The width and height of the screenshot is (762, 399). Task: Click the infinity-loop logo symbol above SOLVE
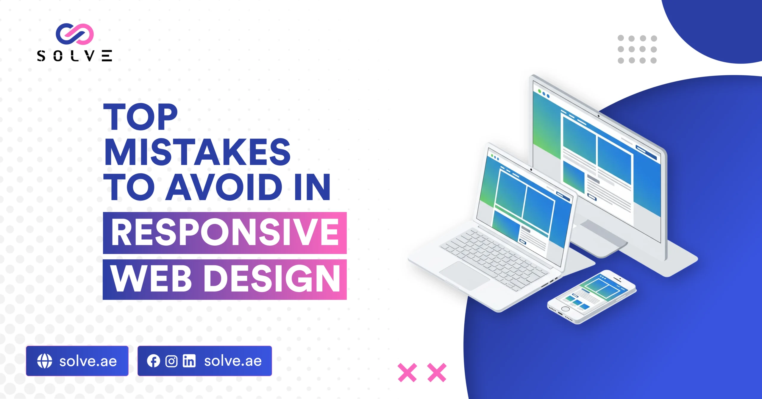tap(75, 34)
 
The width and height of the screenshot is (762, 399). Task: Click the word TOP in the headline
tap(140, 117)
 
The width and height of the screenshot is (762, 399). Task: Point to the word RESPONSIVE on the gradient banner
tap(225, 232)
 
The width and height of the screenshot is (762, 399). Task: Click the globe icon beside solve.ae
tap(45, 361)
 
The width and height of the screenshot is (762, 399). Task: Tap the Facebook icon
tap(153, 361)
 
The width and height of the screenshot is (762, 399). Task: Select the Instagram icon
tap(171, 361)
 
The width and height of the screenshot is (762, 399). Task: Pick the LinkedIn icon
tap(189, 361)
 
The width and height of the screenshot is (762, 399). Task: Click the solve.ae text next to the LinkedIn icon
tap(233, 361)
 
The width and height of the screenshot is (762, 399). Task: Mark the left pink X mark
tap(407, 372)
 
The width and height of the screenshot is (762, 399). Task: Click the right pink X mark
tap(437, 372)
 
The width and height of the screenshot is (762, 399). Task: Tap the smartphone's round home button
tap(565, 309)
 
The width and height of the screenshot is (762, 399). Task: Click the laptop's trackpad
tap(464, 275)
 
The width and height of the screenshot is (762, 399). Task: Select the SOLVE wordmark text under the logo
tap(75, 56)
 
